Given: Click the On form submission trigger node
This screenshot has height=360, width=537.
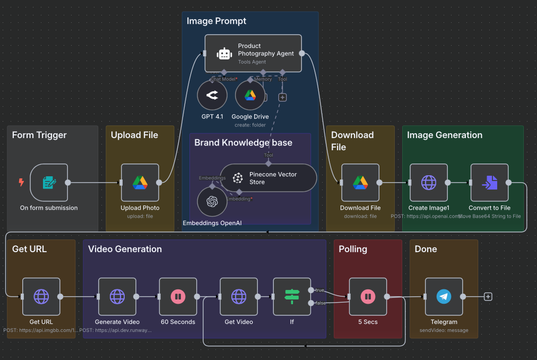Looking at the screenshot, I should tap(49, 183).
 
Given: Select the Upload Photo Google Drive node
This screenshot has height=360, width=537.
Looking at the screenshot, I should tap(140, 183).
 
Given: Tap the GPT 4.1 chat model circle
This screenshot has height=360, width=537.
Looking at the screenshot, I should tap(212, 96).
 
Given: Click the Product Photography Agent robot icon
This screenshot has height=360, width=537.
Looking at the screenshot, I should tap(224, 54).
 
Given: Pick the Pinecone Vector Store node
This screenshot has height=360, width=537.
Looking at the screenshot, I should tap(268, 178).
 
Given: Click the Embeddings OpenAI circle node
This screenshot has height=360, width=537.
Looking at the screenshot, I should tap(212, 202).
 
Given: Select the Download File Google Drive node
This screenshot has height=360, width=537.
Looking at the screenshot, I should tap(360, 183).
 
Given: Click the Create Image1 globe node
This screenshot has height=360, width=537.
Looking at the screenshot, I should tap(429, 183).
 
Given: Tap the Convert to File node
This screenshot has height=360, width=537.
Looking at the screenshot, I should tap(489, 183).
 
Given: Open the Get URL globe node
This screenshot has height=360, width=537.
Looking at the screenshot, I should tap(41, 297).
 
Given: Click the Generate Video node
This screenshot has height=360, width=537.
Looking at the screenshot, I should tap(117, 297).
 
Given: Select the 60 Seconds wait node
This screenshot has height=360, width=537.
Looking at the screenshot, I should tap(178, 297).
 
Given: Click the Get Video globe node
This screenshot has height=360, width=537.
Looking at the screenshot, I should tap(239, 297).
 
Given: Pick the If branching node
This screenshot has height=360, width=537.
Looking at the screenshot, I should tap(292, 297).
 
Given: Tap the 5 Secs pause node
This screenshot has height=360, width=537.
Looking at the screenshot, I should tap(368, 297).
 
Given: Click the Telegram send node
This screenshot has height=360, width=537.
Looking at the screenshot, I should tap(444, 297).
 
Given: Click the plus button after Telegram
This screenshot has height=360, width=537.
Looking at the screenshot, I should tap(488, 297).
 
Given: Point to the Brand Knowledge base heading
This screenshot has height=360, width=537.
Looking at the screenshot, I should tap(243, 143).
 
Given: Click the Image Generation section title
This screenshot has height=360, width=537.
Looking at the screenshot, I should tap(444, 135).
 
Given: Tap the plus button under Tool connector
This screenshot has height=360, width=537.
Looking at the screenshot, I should tap(282, 97).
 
